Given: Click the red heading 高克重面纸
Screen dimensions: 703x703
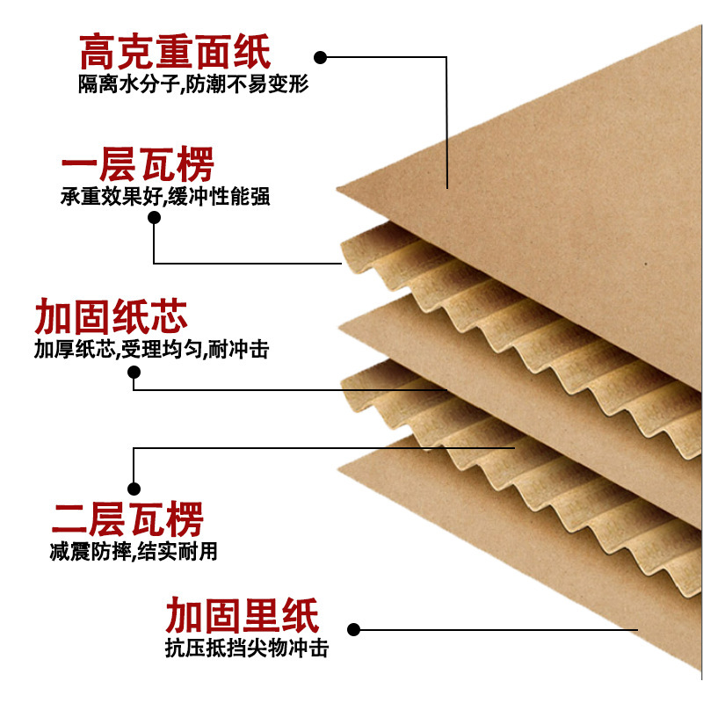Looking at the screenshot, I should tap(175, 53).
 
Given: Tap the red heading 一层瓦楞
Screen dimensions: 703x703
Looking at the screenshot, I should tap(138, 165).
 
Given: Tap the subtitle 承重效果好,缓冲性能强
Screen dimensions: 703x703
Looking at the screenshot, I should tap(164, 197).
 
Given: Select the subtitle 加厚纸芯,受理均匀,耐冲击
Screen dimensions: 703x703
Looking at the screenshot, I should tap(151, 349).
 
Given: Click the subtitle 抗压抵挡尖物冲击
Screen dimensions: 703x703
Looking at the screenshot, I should tap(246, 649).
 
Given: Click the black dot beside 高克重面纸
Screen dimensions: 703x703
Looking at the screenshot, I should tap(321, 58).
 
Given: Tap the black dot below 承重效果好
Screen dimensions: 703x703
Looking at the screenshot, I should tap(155, 218).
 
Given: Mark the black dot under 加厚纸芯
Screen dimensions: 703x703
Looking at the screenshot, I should tap(134, 372).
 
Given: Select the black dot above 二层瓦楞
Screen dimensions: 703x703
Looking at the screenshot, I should tap(134, 488).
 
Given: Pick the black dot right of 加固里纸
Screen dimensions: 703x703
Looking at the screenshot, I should tap(355, 629).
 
